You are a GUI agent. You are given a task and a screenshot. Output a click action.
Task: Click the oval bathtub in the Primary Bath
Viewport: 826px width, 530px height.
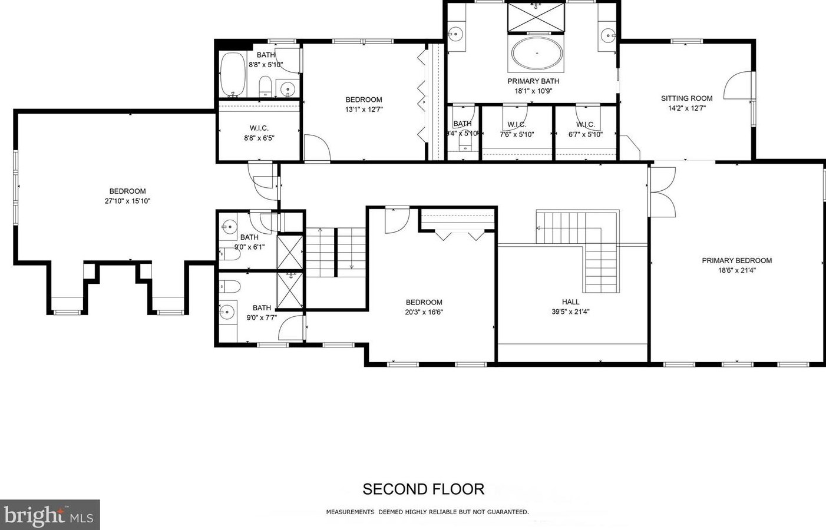click(537, 54)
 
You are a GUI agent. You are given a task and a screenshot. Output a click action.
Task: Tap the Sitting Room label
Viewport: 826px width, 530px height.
click(686, 98)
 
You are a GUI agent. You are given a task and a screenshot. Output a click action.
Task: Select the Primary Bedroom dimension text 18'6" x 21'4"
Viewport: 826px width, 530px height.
click(736, 271)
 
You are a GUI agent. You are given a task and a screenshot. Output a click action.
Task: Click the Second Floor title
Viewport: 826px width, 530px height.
click(423, 489)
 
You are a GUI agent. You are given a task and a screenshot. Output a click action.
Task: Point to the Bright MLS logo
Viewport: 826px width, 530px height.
click(49, 515)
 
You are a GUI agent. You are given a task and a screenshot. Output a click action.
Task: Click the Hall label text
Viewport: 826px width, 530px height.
click(570, 302)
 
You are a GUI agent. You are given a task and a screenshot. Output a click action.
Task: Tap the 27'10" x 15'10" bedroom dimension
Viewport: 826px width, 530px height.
click(127, 201)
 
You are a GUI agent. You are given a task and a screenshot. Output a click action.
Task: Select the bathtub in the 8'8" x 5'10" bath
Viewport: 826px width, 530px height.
click(233, 75)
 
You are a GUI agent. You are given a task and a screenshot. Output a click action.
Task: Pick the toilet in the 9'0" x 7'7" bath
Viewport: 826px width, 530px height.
click(230, 287)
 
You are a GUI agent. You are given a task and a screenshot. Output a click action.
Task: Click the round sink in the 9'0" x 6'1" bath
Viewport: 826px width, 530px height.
click(229, 226)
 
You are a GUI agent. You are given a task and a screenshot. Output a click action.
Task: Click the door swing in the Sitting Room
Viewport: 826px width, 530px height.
click(739, 87)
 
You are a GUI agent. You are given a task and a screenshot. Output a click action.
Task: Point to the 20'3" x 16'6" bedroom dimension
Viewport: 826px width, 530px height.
click(424, 312)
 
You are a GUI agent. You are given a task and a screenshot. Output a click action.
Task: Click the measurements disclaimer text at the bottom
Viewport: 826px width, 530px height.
click(427, 512)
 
